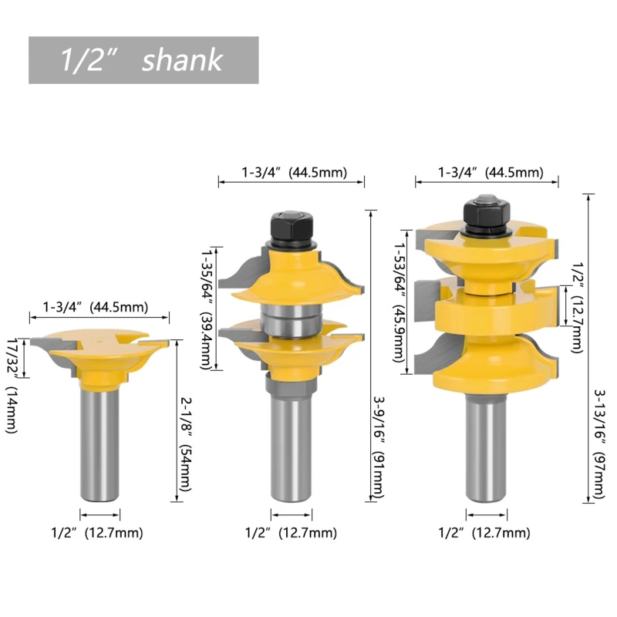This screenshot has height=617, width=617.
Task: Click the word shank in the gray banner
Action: (182, 60)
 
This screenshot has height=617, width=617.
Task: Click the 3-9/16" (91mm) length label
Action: (378, 447)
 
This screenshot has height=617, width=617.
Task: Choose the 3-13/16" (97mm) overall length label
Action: (599, 444)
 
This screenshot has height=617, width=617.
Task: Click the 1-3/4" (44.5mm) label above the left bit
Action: (96, 307)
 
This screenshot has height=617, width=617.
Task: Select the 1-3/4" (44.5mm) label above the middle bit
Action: (295, 172)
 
